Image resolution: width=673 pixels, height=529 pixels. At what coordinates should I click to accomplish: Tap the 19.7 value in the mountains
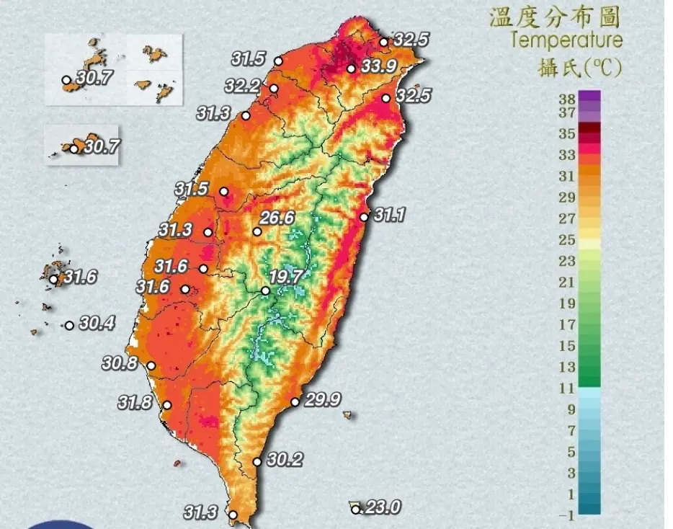(286, 276)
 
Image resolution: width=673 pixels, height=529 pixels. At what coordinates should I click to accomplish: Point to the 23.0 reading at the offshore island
(382, 507)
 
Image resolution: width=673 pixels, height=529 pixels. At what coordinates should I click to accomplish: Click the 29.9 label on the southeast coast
(322, 400)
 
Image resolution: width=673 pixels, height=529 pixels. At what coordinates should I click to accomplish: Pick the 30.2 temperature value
(285, 459)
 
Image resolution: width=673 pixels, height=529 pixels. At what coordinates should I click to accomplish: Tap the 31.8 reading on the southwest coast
(136, 403)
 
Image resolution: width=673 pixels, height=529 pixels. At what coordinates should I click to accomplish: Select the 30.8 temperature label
(120, 364)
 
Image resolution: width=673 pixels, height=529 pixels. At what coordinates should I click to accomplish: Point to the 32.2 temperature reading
(242, 86)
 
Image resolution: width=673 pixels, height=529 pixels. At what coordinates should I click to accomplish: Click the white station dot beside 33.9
(351, 69)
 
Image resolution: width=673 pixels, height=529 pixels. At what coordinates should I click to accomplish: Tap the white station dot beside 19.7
(265, 291)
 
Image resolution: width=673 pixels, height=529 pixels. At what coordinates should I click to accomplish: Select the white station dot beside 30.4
(69, 325)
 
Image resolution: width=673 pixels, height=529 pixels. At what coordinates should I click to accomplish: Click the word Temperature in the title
(566, 40)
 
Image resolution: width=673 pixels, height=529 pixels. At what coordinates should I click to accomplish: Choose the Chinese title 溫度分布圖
(555, 16)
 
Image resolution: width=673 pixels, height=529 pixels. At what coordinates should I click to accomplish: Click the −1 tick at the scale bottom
(567, 515)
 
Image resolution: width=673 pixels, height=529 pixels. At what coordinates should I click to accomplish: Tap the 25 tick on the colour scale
(567, 239)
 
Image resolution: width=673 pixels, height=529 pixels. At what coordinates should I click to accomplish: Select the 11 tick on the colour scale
(567, 388)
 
